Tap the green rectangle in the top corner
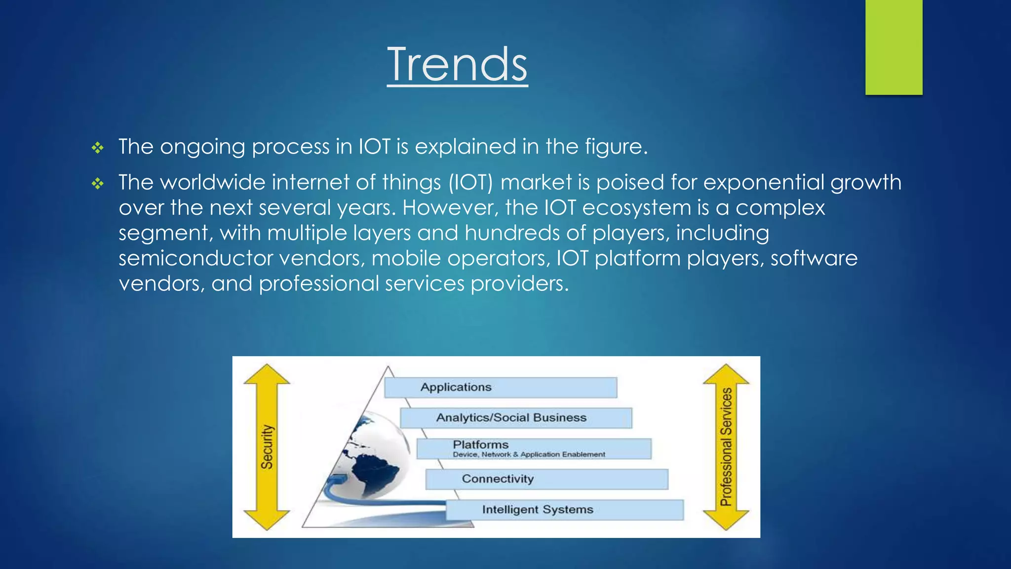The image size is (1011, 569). [894, 47]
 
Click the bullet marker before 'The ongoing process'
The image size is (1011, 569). [98, 148]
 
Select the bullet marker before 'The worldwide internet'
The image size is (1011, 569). [98, 184]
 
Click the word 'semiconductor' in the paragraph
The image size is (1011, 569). [195, 258]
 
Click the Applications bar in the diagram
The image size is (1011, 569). [500, 387]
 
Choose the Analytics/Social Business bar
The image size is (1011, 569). [515, 418]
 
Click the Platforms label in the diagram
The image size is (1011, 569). [480, 445]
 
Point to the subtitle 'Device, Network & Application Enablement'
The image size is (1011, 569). [529, 454]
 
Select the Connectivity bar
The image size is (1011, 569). [546, 479]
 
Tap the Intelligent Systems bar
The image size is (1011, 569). [564, 510]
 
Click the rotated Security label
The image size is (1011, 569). [267, 447]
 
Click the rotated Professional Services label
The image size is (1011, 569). [726, 447]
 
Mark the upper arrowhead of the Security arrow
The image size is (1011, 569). [267, 375]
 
